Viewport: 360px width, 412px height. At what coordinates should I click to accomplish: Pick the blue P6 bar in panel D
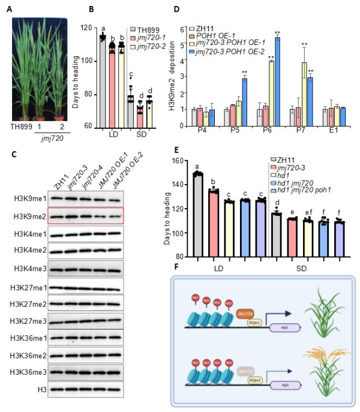coord(277,82)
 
